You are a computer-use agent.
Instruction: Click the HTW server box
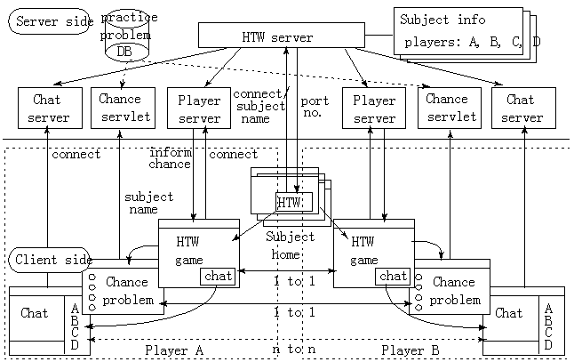coord(284,36)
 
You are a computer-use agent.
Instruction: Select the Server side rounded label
coord(49,21)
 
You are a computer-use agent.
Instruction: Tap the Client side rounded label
coord(49,260)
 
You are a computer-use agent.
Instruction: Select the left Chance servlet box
coord(121,109)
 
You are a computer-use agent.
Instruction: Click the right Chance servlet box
coord(449,109)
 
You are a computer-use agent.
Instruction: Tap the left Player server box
coord(200,109)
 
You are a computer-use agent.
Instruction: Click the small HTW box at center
coord(290,203)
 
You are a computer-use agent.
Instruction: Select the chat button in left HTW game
coord(217,277)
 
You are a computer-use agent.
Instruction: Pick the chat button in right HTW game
coord(393,277)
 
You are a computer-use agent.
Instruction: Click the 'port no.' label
coord(315,108)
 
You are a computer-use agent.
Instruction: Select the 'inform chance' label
coord(170,158)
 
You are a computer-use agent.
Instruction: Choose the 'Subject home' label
coord(290,245)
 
